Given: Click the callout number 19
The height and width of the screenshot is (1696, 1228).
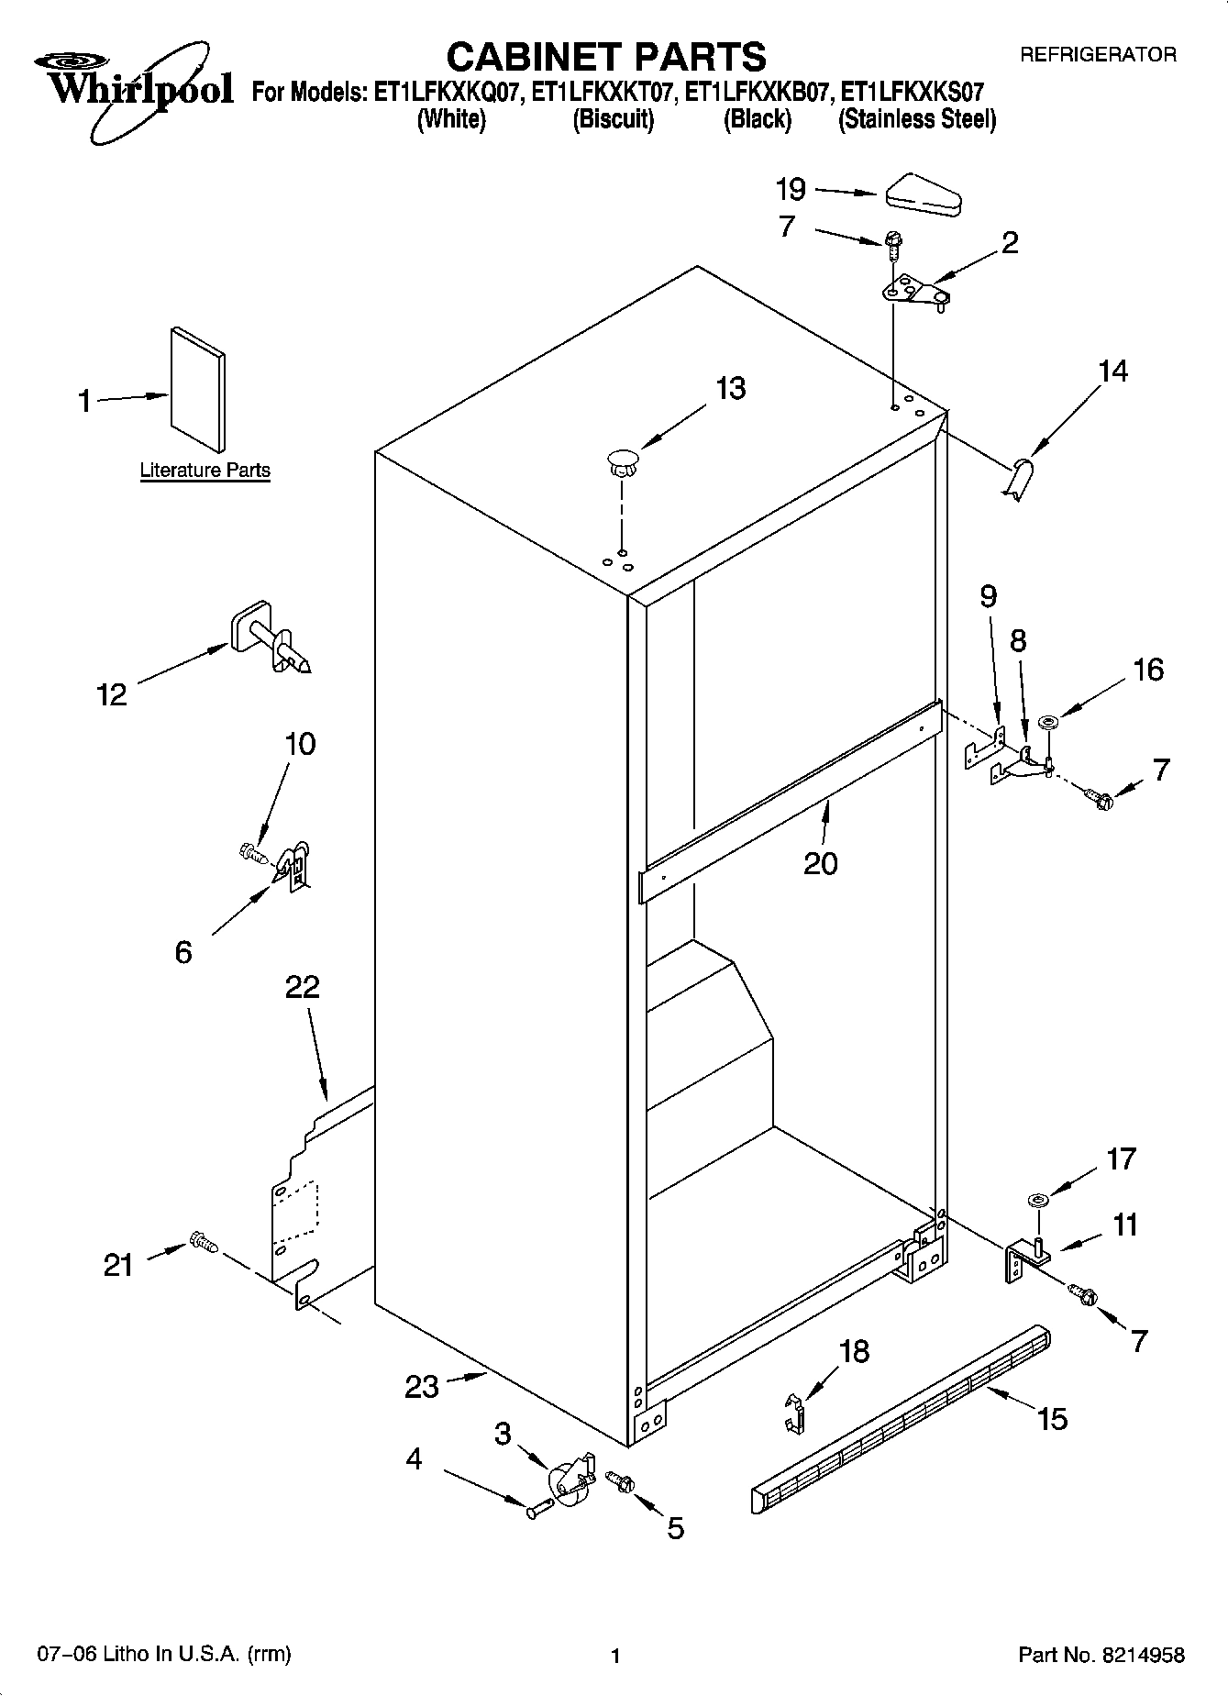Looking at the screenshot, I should pyautogui.click(x=790, y=190).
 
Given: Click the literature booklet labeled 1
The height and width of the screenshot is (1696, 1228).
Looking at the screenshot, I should pyautogui.click(x=197, y=389).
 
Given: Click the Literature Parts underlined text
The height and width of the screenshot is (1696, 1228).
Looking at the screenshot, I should pyautogui.click(x=205, y=471).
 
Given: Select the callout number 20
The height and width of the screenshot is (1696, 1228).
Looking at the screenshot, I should pyautogui.click(x=820, y=864).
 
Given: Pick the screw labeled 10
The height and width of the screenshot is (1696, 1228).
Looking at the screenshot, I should pyautogui.click(x=252, y=854).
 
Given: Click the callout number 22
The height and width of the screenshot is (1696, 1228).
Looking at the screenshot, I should pyautogui.click(x=302, y=988).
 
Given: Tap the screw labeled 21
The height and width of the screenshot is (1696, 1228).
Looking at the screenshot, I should pyautogui.click(x=204, y=1243).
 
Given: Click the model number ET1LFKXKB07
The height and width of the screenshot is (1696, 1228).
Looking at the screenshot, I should pyautogui.click(x=758, y=93).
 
